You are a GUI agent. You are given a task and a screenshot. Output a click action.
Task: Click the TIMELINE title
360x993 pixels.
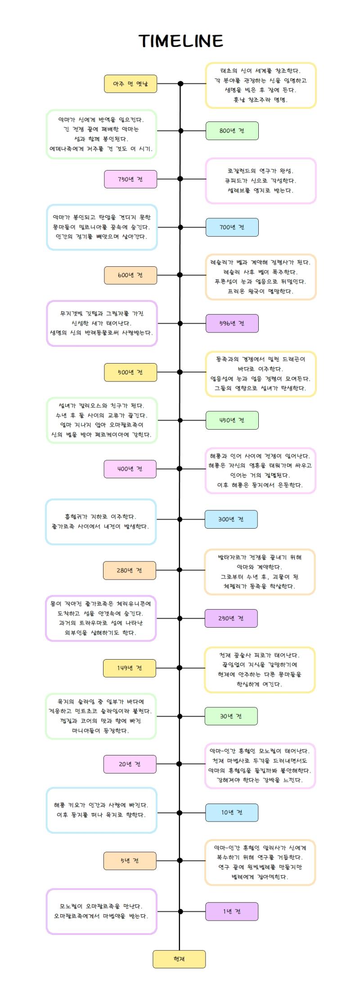coord(181,41)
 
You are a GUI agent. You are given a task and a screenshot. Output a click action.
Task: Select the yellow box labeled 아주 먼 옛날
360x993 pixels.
coord(130,84)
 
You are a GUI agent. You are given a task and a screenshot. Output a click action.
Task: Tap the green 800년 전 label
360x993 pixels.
coord(232,131)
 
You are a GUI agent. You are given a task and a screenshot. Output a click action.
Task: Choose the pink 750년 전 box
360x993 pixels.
coord(130,179)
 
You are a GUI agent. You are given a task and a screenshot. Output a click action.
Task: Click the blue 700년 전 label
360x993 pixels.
coord(232,227)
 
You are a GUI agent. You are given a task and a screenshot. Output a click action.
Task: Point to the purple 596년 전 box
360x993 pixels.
coord(232,324)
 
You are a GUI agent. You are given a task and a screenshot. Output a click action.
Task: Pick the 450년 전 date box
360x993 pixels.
coord(232,420)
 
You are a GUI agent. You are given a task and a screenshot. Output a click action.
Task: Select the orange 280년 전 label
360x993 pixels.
coord(130,571)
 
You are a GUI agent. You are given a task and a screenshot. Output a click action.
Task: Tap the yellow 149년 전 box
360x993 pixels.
coord(130,668)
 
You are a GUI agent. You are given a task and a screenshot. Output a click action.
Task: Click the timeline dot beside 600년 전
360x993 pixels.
coord(180,275)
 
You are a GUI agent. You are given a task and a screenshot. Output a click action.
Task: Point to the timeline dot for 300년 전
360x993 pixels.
coord(180,519)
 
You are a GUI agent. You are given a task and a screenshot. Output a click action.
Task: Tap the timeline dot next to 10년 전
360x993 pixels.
coord(180,813)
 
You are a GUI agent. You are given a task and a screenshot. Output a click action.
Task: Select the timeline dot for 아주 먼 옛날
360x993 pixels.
coord(180,84)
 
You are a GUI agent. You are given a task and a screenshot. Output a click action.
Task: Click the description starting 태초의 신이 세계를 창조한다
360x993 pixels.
coord(261,85)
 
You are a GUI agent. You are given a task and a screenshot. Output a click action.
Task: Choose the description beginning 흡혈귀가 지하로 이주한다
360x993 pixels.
coord(101,522)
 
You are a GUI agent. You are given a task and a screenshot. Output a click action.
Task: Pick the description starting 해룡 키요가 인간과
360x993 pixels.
coord(101,810)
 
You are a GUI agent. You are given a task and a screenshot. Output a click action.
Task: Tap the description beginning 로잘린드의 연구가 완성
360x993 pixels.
coord(261,181)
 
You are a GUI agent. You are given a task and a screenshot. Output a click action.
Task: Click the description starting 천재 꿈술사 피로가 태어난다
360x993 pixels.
coord(260,670)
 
